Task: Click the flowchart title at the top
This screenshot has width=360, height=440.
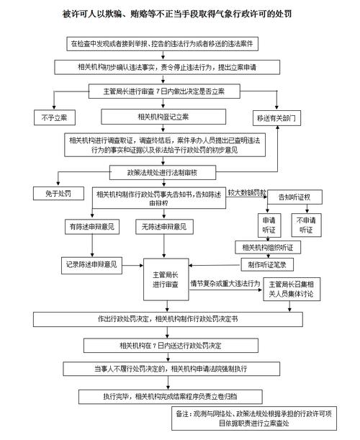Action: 180,15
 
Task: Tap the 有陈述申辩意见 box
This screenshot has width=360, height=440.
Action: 91,226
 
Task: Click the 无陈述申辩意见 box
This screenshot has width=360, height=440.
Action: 164,226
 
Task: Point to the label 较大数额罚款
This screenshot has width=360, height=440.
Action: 247,194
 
